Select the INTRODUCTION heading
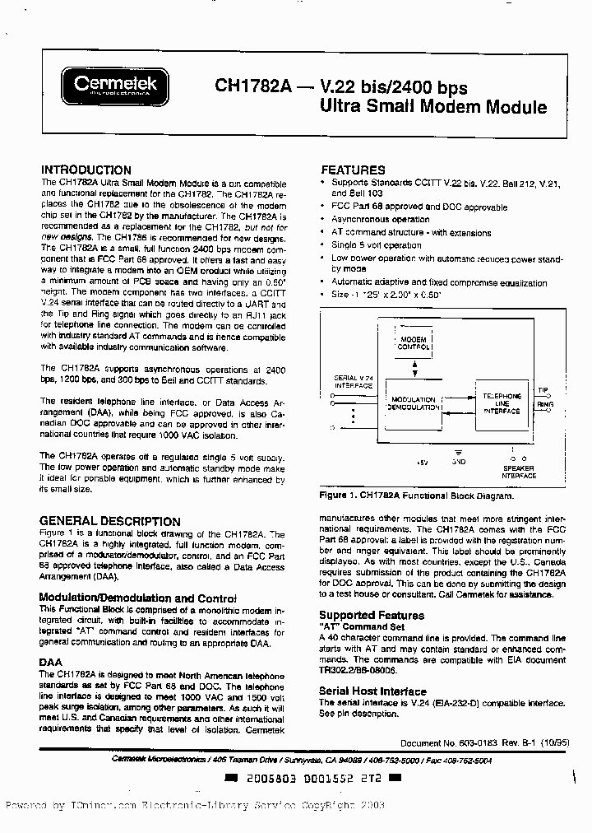pos(86,170)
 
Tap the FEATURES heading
pos(352,170)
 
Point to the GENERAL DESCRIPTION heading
pos(110,521)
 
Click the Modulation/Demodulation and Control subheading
pos(138,598)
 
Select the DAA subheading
pos(51,661)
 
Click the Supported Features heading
pos(372,615)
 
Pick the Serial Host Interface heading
pos(372,691)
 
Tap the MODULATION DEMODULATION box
pos(414,403)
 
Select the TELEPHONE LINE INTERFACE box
pos(502,403)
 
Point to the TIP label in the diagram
pos(544,391)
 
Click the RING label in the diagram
pos(545,405)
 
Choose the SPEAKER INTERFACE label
pos(518,472)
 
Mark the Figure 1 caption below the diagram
pos(416,496)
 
